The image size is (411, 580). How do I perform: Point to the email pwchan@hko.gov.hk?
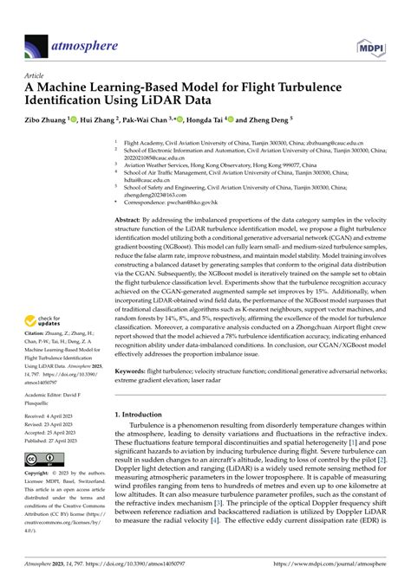coord(198,202)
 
